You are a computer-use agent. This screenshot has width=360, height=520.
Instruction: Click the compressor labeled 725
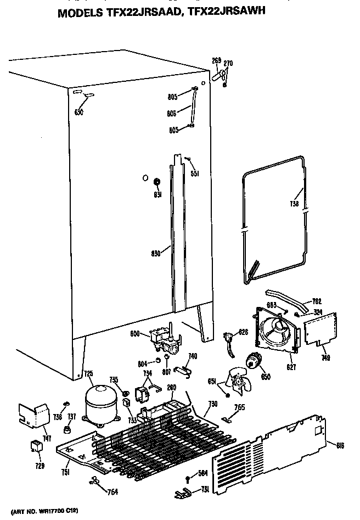pyautogui.click(x=99, y=404)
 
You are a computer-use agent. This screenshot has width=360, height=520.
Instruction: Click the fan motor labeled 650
pyautogui.click(x=254, y=361)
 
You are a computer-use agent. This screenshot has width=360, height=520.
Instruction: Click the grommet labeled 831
pyautogui.click(x=157, y=182)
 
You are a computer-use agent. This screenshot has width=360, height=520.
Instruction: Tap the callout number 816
pyautogui.click(x=340, y=446)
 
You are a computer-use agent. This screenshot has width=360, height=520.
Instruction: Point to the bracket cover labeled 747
pyautogui.click(x=32, y=415)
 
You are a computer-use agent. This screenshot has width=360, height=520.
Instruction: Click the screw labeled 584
pyautogui.click(x=188, y=477)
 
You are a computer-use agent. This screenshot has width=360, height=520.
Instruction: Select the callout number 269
pyautogui.click(x=217, y=60)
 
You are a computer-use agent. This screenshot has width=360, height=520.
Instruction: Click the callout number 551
pyautogui.click(x=194, y=174)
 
